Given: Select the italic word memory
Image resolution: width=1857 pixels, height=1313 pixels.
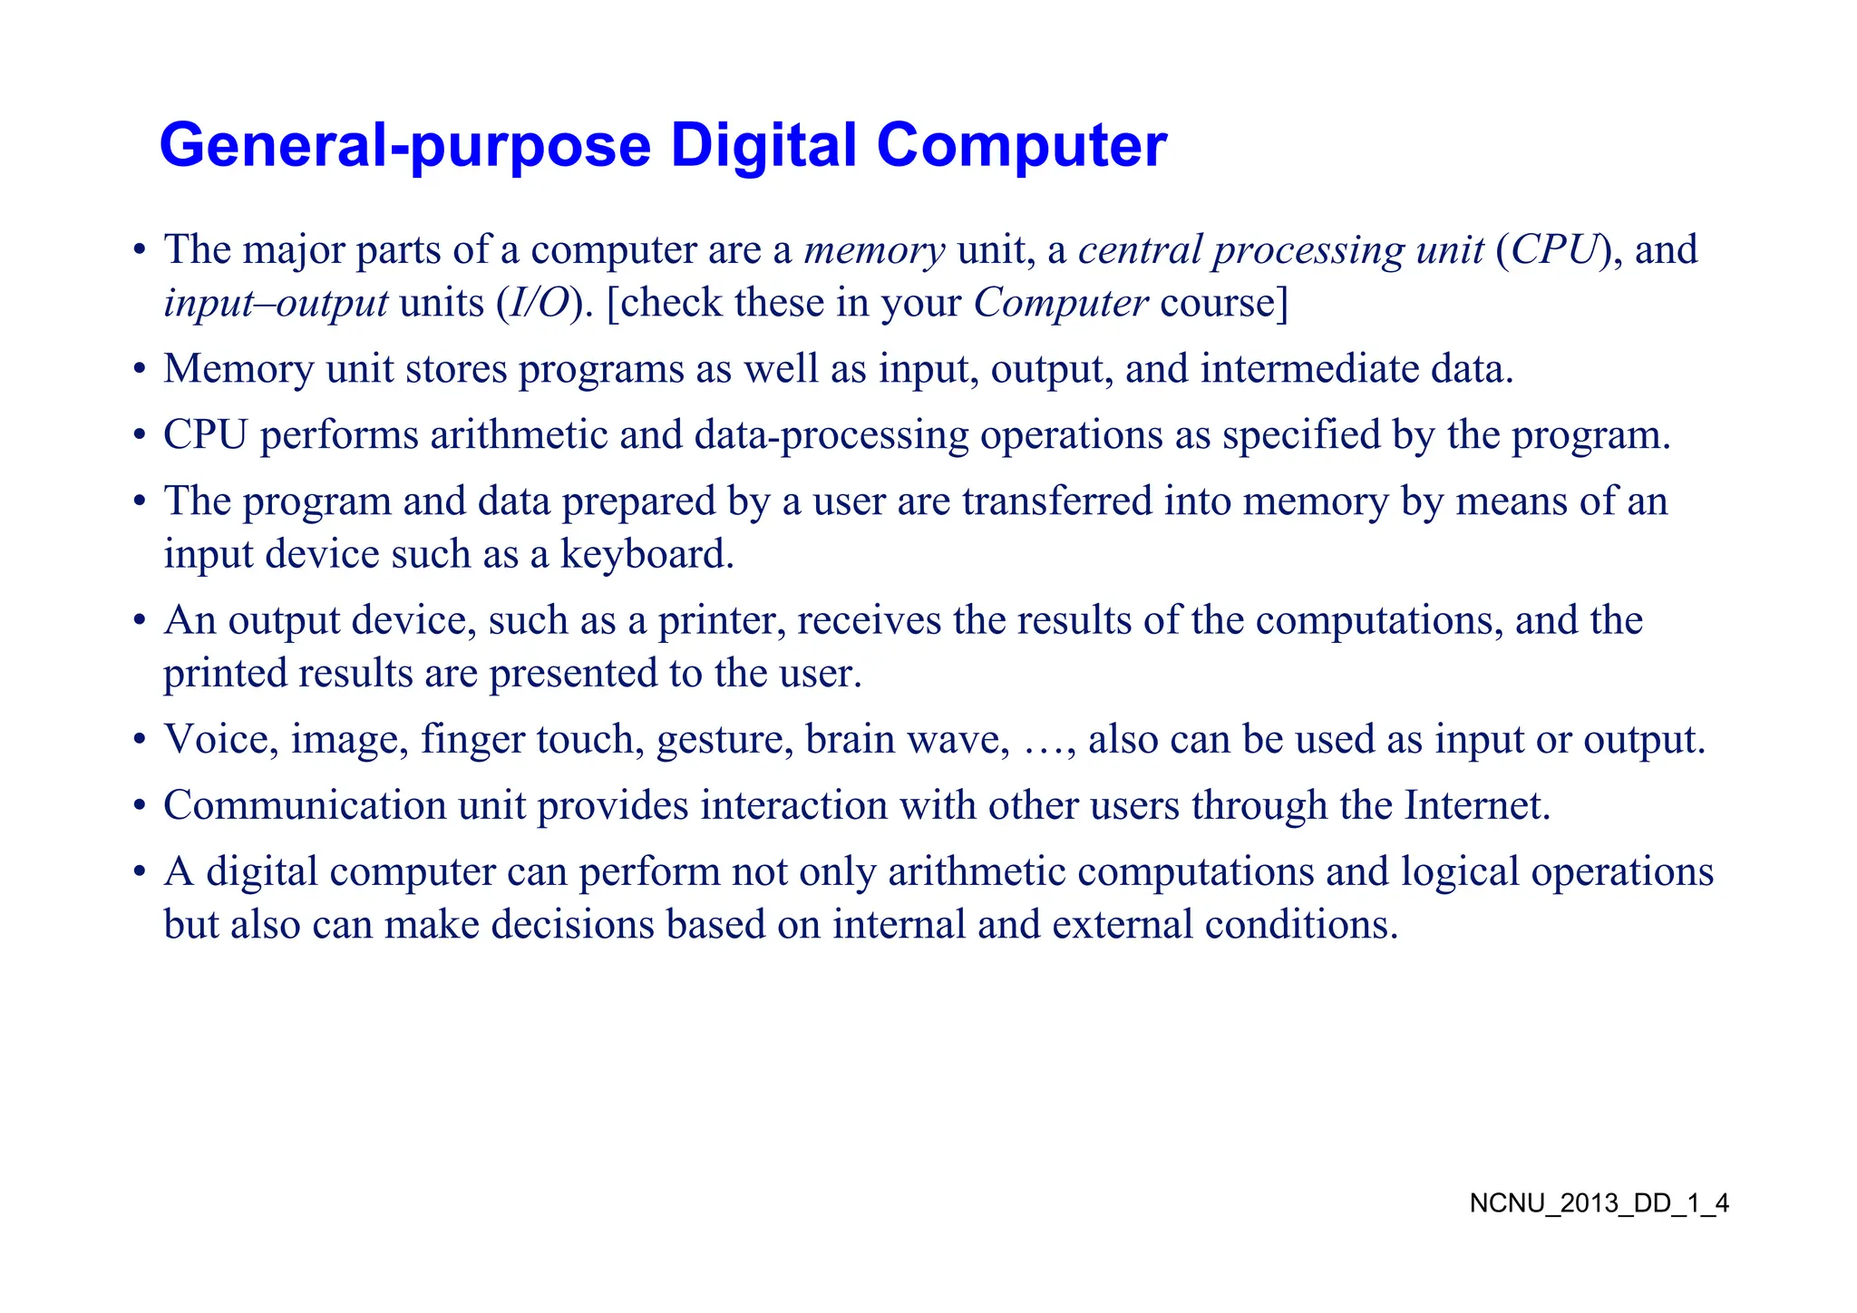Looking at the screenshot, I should (874, 250).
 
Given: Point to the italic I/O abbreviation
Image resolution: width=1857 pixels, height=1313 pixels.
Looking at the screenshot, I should (539, 303).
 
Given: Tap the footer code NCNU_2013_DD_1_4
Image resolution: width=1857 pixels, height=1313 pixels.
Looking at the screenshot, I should (1599, 1203).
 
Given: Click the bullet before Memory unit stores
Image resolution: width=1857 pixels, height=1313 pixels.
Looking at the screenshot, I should (139, 370).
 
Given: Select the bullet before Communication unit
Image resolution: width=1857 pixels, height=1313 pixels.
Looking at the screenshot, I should (139, 806).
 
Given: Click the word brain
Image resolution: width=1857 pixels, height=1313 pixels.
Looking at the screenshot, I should (850, 739).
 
